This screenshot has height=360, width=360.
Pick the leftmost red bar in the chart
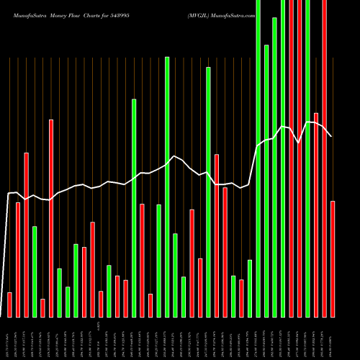[9, 305]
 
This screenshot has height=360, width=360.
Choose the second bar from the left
[18, 259]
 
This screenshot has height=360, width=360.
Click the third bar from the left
[26, 235]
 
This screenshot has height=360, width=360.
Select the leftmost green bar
[35, 271]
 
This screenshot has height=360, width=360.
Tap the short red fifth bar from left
[42, 307]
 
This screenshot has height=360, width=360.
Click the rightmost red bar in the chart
[333, 258]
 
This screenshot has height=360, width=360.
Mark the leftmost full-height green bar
[258, 158]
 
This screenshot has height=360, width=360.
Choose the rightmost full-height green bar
[307, 158]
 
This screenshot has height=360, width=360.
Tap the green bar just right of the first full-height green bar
[266, 181]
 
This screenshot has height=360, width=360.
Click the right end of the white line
[332, 136]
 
